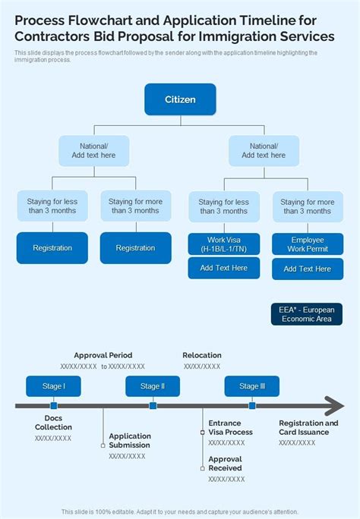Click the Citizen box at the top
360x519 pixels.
click(180, 99)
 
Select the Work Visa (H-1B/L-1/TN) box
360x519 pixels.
click(223, 244)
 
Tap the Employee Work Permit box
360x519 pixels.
click(308, 244)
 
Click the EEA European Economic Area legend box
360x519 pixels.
click(305, 314)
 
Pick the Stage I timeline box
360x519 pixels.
click(53, 386)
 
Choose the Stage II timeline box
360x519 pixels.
click(152, 386)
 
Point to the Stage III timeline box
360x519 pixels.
click(252, 386)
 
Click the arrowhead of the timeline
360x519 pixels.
click(334, 406)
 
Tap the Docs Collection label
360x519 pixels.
click(53, 423)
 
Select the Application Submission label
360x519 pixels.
click(130, 441)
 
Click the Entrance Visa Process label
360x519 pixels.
click(230, 427)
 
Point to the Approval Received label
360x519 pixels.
click(226, 464)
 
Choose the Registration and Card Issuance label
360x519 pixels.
click(308, 427)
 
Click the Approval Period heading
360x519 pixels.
click(103, 355)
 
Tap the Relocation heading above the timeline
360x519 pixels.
click(202, 355)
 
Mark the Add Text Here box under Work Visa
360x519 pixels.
click(223, 268)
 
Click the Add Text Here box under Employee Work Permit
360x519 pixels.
click(308, 269)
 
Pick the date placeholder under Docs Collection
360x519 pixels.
click(53, 438)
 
